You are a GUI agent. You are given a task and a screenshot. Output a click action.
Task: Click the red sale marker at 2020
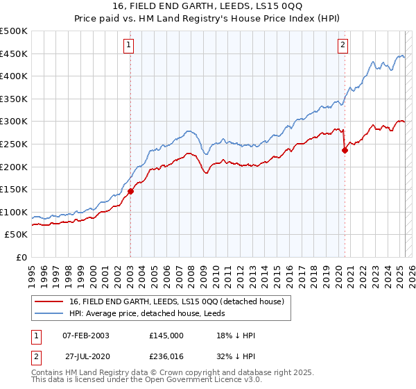click(x=345, y=149)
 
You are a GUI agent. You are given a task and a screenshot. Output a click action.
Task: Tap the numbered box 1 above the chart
click(x=130, y=46)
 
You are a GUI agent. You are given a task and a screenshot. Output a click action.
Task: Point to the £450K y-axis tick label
click(x=14, y=53)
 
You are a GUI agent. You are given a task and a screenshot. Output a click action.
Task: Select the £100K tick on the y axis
click(x=14, y=212)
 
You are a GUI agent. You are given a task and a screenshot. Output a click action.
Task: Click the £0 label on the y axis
click(x=21, y=257)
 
